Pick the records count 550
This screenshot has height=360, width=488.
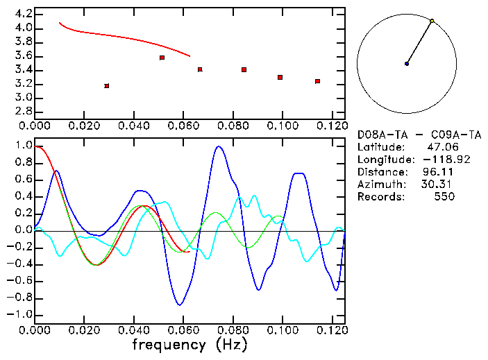444,196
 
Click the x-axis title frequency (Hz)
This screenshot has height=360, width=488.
189,344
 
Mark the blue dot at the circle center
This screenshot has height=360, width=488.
407,64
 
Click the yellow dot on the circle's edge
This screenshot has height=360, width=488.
432,21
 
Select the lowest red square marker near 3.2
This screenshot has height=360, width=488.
106,86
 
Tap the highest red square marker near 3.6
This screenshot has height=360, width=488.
162,58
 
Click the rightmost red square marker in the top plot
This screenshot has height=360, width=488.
317,81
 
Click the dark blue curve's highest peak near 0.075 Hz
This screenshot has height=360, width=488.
219,146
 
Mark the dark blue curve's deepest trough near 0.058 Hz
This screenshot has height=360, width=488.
180,305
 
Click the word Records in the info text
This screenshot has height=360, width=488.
378,196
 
